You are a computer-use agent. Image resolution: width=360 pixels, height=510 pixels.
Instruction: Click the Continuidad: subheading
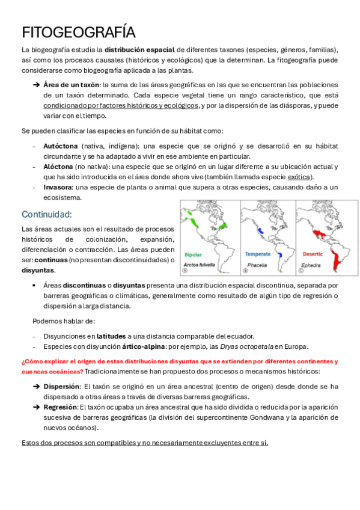click(47, 214)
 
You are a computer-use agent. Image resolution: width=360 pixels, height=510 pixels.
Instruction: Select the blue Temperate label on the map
click(257, 254)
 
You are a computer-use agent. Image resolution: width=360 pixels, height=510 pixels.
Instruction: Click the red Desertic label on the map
click(312, 254)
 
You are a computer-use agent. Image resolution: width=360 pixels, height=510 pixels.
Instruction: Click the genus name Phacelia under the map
click(256, 264)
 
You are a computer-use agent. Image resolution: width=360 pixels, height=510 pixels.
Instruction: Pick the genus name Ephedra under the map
click(311, 264)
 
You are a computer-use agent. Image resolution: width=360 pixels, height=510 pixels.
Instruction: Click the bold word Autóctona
click(60, 146)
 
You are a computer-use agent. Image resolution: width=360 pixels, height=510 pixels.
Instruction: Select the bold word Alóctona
click(58, 167)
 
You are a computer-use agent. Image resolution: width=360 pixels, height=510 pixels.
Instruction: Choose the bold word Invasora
click(58, 187)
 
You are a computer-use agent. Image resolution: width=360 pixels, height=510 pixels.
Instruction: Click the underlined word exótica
click(300, 177)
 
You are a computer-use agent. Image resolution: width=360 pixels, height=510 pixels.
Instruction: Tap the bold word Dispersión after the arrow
click(61, 387)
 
